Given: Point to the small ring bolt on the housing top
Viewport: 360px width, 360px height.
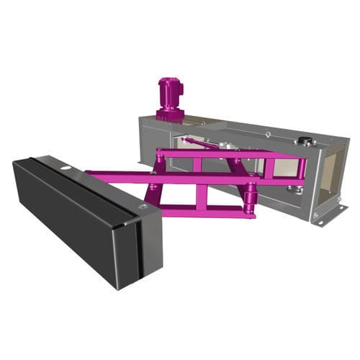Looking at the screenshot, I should pos(267,134).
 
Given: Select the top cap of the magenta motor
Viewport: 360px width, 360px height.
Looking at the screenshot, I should pos(170,81).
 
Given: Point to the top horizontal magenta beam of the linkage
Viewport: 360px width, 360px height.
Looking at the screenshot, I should pos(230,154).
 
